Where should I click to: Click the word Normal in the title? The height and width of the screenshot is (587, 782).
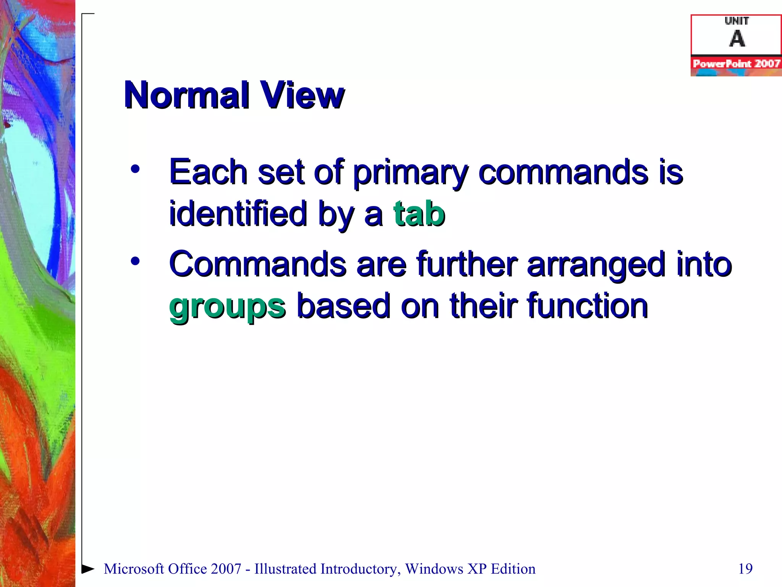coord(187,95)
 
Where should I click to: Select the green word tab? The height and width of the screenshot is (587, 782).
coord(419,214)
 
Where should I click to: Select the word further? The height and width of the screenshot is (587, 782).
coord(467,264)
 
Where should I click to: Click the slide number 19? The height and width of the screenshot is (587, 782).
coord(745,569)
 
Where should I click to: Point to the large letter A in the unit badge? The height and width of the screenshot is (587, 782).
coord(737,39)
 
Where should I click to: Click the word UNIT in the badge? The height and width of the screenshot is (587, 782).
coord(737,21)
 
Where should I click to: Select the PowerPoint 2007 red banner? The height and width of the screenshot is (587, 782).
coord(736,64)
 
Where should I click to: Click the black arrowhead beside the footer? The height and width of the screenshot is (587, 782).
coord(88,569)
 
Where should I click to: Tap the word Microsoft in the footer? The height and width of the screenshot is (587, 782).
coord(134,569)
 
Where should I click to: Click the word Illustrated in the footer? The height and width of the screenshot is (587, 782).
coord(287,569)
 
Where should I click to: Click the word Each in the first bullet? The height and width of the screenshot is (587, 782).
coord(208,172)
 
